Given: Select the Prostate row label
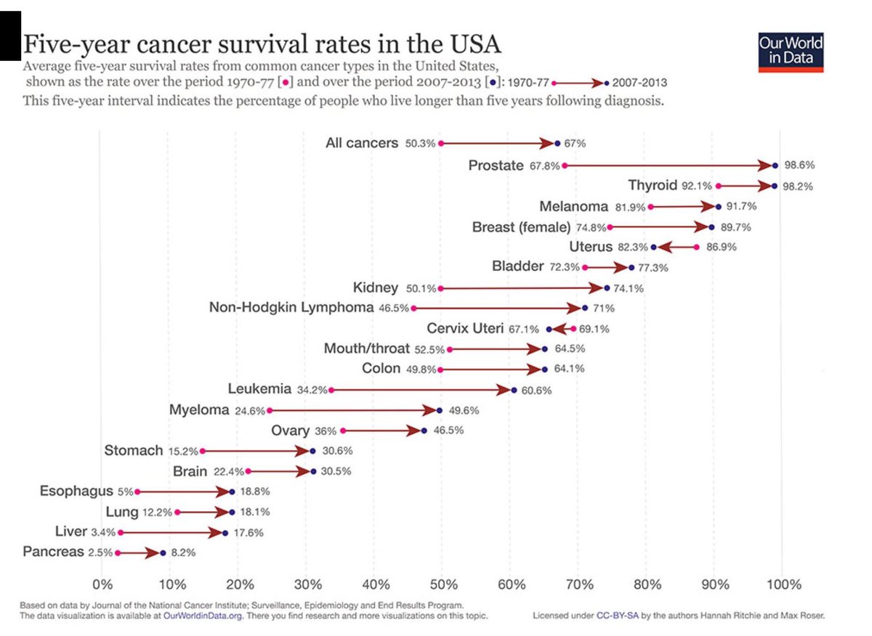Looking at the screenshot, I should [x=496, y=166].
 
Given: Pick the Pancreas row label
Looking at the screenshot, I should [x=53, y=552].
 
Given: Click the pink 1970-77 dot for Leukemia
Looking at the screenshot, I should [x=332, y=390].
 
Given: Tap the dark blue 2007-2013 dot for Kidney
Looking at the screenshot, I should [x=607, y=288].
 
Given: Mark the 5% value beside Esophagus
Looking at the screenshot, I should [x=124, y=492].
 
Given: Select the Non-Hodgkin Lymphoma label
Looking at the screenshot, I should [x=291, y=308].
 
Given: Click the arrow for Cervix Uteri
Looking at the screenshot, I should [x=561, y=329].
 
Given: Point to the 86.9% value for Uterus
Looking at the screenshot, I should [x=721, y=248].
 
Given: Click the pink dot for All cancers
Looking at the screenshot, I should [x=441, y=143].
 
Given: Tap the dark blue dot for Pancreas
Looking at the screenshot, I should [x=163, y=553].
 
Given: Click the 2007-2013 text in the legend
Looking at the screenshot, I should [x=639, y=83].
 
